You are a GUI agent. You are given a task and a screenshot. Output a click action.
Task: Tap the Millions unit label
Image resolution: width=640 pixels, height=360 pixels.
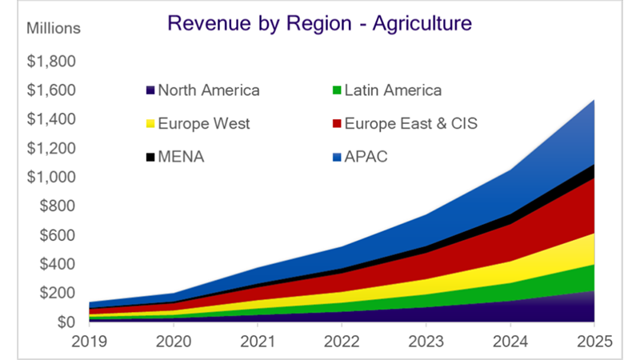[54, 29]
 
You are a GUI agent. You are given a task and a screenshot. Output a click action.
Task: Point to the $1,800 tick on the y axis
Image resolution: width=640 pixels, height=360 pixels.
[53, 62]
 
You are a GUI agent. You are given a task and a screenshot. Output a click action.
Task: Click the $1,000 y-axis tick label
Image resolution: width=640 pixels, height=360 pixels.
[53, 178]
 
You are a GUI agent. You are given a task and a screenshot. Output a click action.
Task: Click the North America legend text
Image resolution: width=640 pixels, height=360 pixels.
[209, 90]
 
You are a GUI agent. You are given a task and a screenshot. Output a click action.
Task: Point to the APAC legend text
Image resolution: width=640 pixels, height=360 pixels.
[366, 157]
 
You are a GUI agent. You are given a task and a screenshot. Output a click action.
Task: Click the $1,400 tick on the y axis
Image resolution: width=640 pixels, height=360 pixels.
[53, 120]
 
